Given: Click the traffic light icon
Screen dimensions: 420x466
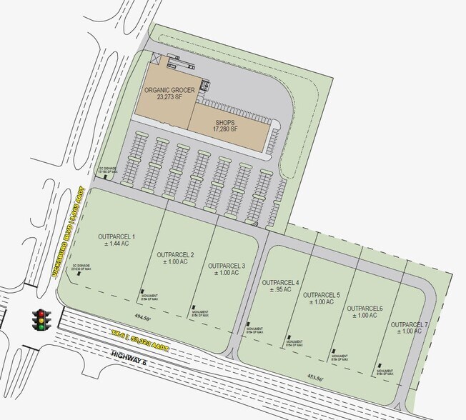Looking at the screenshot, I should click(42, 319).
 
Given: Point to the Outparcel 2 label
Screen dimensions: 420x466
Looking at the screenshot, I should click(175, 258).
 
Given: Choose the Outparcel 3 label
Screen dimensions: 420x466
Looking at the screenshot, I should click(226, 269).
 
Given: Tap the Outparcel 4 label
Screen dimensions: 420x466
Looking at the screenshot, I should click(280, 286).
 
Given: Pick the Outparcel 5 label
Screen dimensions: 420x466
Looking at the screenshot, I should click(322, 298).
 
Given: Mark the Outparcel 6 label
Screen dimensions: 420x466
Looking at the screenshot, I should click(365, 311).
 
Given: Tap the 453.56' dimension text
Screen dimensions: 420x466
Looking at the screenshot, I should click(314, 378).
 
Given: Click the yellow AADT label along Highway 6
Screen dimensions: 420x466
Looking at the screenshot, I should click(141, 339).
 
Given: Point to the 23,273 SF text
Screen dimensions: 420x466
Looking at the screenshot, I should click(170, 99).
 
